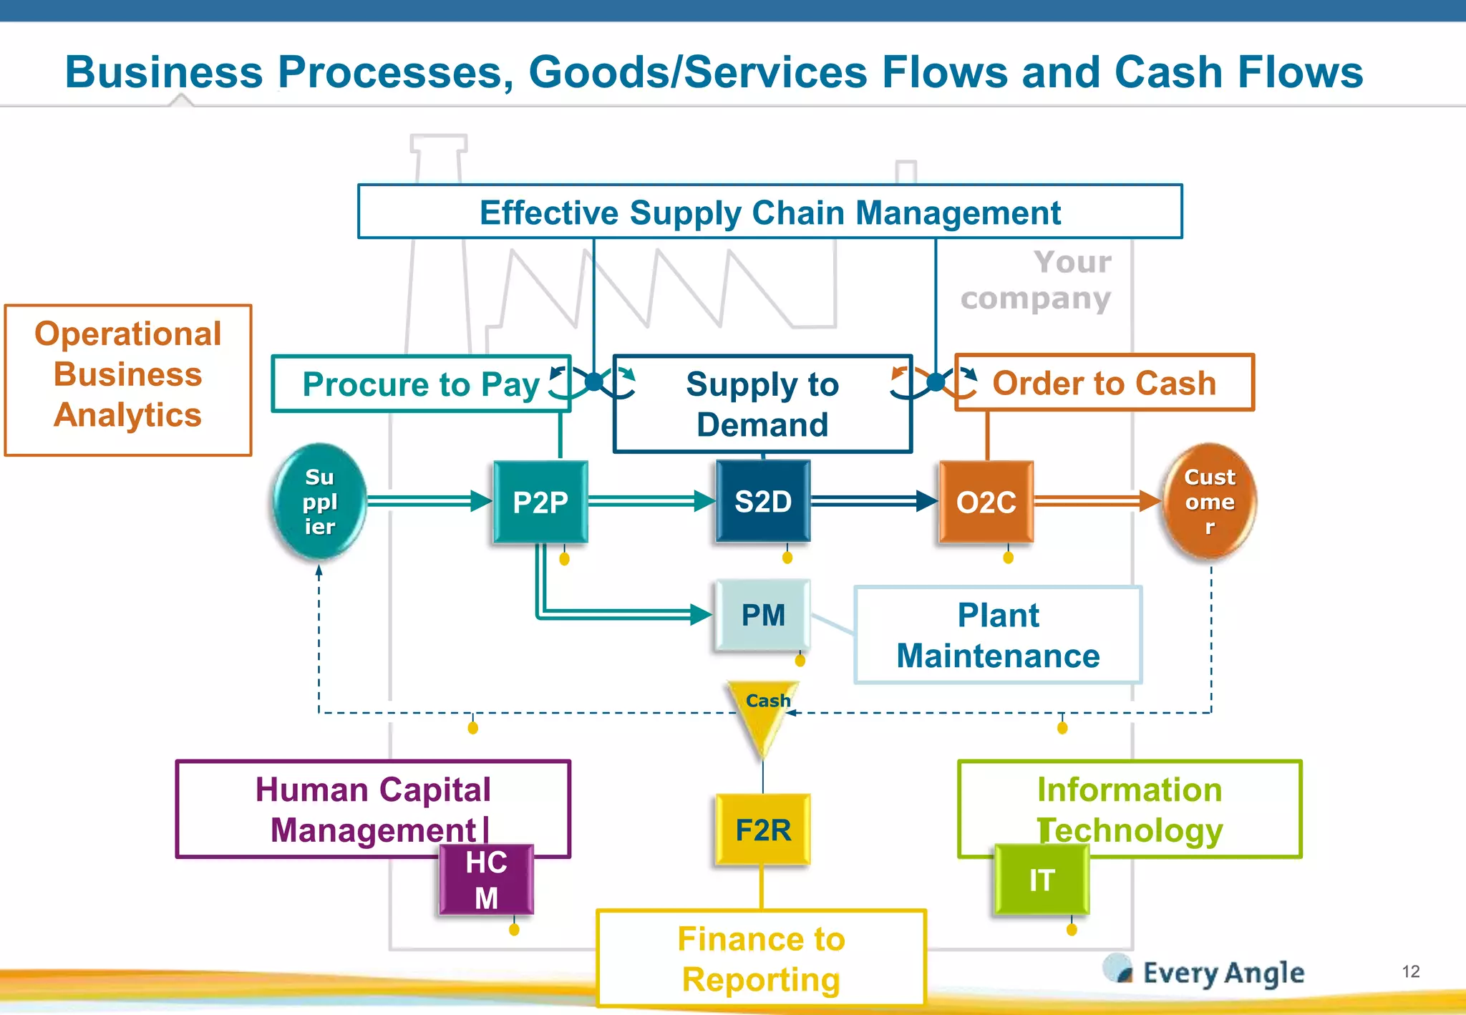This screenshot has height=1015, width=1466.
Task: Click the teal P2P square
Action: click(x=540, y=502)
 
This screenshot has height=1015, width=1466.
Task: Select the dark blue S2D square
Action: click(x=763, y=501)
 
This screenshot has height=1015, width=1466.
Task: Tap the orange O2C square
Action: click(x=986, y=502)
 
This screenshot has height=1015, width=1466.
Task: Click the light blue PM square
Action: click(x=763, y=615)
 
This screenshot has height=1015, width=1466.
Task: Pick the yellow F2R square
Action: click(x=763, y=830)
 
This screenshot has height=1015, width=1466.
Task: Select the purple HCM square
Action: click(x=487, y=880)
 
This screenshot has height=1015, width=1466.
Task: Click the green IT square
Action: click(x=1042, y=880)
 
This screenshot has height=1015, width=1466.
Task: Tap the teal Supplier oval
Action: click(x=319, y=502)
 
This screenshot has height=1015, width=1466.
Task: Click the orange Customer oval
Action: click(x=1209, y=502)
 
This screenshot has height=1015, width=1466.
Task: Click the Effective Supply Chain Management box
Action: click(x=770, y=212)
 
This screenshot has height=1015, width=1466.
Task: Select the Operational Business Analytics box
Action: click(x=128, y=380)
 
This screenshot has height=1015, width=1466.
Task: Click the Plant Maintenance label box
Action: click(x=998, y=635)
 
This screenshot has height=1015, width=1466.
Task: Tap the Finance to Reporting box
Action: click(x=762, y=958)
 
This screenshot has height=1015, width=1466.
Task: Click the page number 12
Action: click(x=1410, y=971)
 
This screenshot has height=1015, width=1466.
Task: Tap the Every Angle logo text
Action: click(x=1223, y=973)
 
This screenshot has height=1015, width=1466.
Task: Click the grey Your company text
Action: click(x=1037, y=281)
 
